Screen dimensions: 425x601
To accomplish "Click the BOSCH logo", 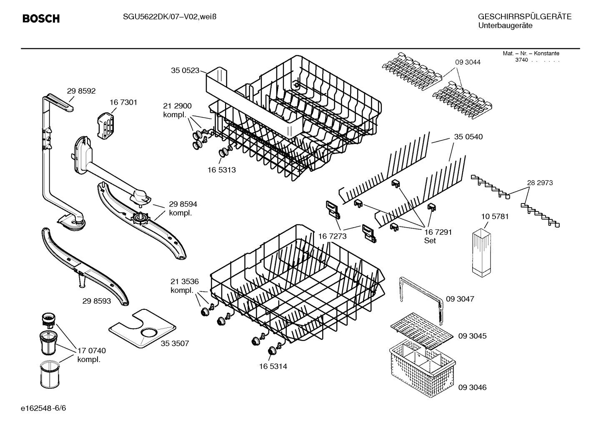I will point(41,18).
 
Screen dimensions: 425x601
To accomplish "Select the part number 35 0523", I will point(185,70).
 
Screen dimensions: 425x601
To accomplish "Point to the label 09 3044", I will point(468,62).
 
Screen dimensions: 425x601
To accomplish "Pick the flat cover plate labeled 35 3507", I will point(142,328).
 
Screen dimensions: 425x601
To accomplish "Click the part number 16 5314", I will point(273,367).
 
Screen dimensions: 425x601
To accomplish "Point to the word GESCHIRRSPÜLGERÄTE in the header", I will point(524,17).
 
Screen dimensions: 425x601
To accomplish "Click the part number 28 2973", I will point(540,183).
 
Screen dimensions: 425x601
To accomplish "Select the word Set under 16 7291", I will point(430,241).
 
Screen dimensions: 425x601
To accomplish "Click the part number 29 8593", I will point(97,300).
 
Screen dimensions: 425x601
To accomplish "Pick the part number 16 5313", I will point(221,170).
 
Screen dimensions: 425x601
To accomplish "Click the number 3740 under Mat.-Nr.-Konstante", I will point(521,60).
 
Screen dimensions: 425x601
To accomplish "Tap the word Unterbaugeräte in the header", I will point(505,26).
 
